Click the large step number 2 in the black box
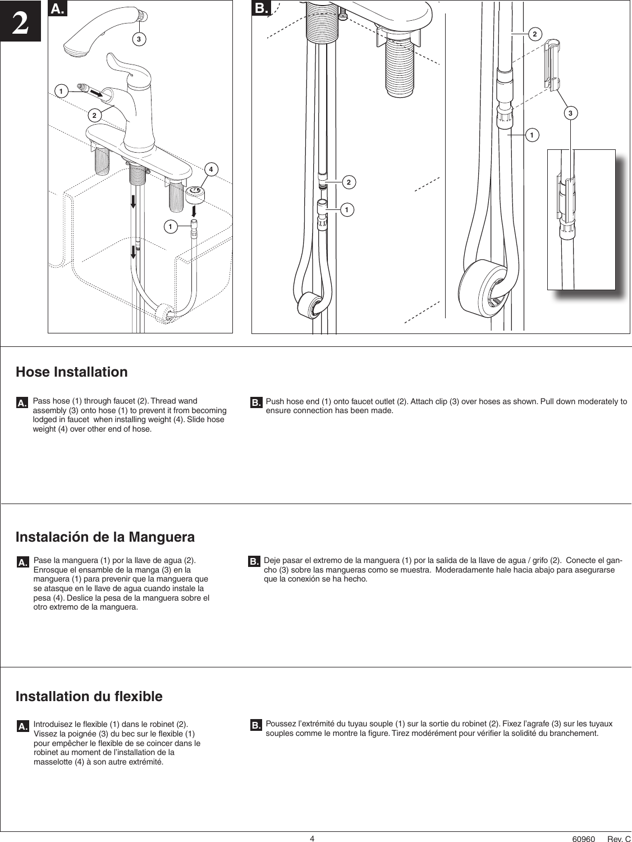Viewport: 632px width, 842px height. click(20, 22)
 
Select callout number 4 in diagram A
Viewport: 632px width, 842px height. click(211, 169)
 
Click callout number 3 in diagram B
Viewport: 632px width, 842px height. click(570, 114)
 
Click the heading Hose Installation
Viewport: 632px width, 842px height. click(71, 372)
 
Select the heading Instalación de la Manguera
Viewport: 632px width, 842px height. click(105, 537)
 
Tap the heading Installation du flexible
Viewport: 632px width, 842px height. click(89, 697)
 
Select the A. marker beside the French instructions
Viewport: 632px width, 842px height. click(22, 727)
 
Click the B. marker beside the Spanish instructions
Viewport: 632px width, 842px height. click(254, 561)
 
